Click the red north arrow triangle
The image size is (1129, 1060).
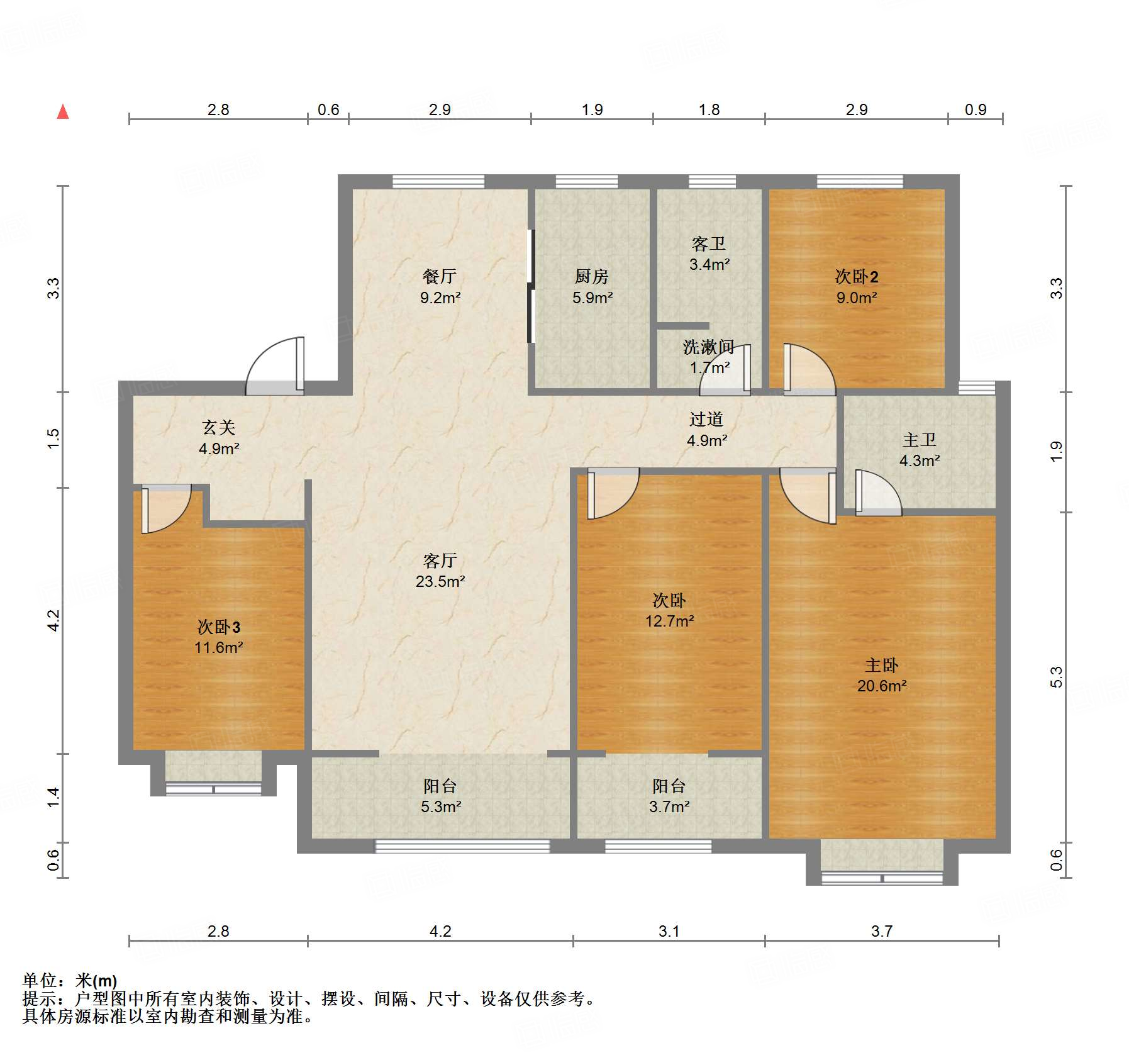63,112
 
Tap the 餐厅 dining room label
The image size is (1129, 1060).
440,286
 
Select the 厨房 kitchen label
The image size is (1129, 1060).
592,286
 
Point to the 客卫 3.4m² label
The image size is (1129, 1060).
709,254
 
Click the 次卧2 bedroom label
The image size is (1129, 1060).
857,286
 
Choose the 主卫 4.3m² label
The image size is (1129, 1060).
920,450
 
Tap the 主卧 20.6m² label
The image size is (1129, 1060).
882,675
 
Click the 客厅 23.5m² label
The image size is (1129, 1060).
440,571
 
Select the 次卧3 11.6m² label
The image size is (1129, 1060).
218,637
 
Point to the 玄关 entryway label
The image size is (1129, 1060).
218,438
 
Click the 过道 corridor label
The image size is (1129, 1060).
706,430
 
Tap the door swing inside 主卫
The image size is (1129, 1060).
879,493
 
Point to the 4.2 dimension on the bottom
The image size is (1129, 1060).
440,931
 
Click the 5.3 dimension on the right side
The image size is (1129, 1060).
1056,677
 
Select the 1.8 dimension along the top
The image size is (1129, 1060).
709,109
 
